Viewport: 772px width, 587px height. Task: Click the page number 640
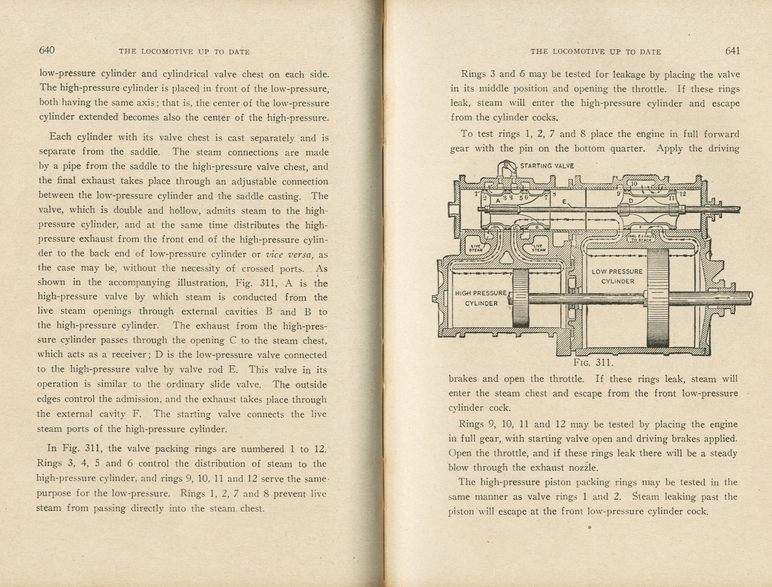[47, 50]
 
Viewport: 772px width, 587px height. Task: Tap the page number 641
[732, 51]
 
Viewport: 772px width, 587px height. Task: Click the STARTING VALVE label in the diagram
[547, 166]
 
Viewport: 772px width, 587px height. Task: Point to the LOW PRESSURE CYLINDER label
[617, 277]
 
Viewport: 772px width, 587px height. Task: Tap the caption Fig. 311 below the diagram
[593, 362]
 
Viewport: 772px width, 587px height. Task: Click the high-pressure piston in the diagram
[520, 297]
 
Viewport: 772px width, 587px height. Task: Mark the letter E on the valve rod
[564, 201]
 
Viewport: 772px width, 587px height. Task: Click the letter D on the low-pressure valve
[631, 200]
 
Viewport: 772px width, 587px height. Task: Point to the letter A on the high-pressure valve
[498, 200]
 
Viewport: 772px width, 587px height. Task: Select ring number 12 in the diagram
[682, 194]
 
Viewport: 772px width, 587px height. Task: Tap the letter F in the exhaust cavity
[640, 227]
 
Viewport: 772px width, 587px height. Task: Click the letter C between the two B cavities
[516, 227]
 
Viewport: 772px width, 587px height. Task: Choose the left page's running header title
[184, 51]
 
